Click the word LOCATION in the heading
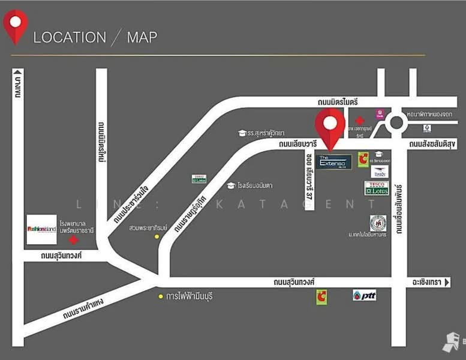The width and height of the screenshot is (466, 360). tap(69, 37)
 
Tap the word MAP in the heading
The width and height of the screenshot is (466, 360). tap(142, 37)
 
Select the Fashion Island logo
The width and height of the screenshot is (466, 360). tap(41, 229)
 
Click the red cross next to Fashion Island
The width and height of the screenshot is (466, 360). tap(73, 240)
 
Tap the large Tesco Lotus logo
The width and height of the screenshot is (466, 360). tap(377, 188)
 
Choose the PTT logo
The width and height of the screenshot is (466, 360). tap(364, 295)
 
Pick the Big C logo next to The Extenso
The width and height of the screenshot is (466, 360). tap(363, 160)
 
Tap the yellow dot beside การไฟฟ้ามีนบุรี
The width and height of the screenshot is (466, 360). tap(161, 296)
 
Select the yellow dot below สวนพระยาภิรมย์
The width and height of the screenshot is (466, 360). tap(157, 236)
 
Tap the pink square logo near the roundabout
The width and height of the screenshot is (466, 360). tap(380, 113)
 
